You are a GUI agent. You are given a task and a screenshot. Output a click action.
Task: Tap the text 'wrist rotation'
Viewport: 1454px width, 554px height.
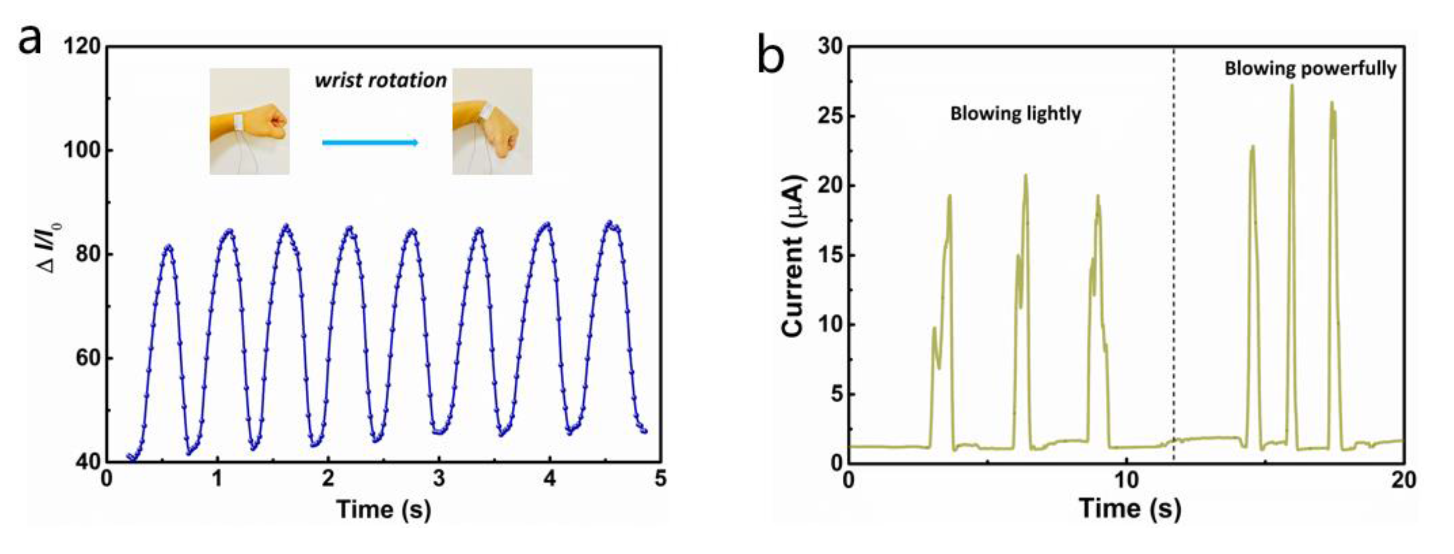click(x=380, y=80)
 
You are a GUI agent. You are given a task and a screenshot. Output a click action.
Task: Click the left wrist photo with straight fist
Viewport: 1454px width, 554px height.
click(x=249, y=121)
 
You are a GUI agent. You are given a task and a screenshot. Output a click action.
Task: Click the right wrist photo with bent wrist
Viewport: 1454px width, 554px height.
click(x=492, y=121)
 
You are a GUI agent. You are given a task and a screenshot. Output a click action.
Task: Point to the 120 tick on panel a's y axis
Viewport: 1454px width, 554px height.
click(x=82, y=46)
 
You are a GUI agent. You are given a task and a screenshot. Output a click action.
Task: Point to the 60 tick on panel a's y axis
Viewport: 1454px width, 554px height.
click(x=88, y=358)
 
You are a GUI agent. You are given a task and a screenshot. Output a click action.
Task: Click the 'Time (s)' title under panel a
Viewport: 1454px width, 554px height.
click(x=384, y=509)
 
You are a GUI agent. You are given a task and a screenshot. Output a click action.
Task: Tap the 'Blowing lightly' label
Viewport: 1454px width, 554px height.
click(x=1015, y=113)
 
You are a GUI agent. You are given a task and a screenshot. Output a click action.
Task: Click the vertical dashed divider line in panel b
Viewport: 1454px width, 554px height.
click(x=1174, y=254)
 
